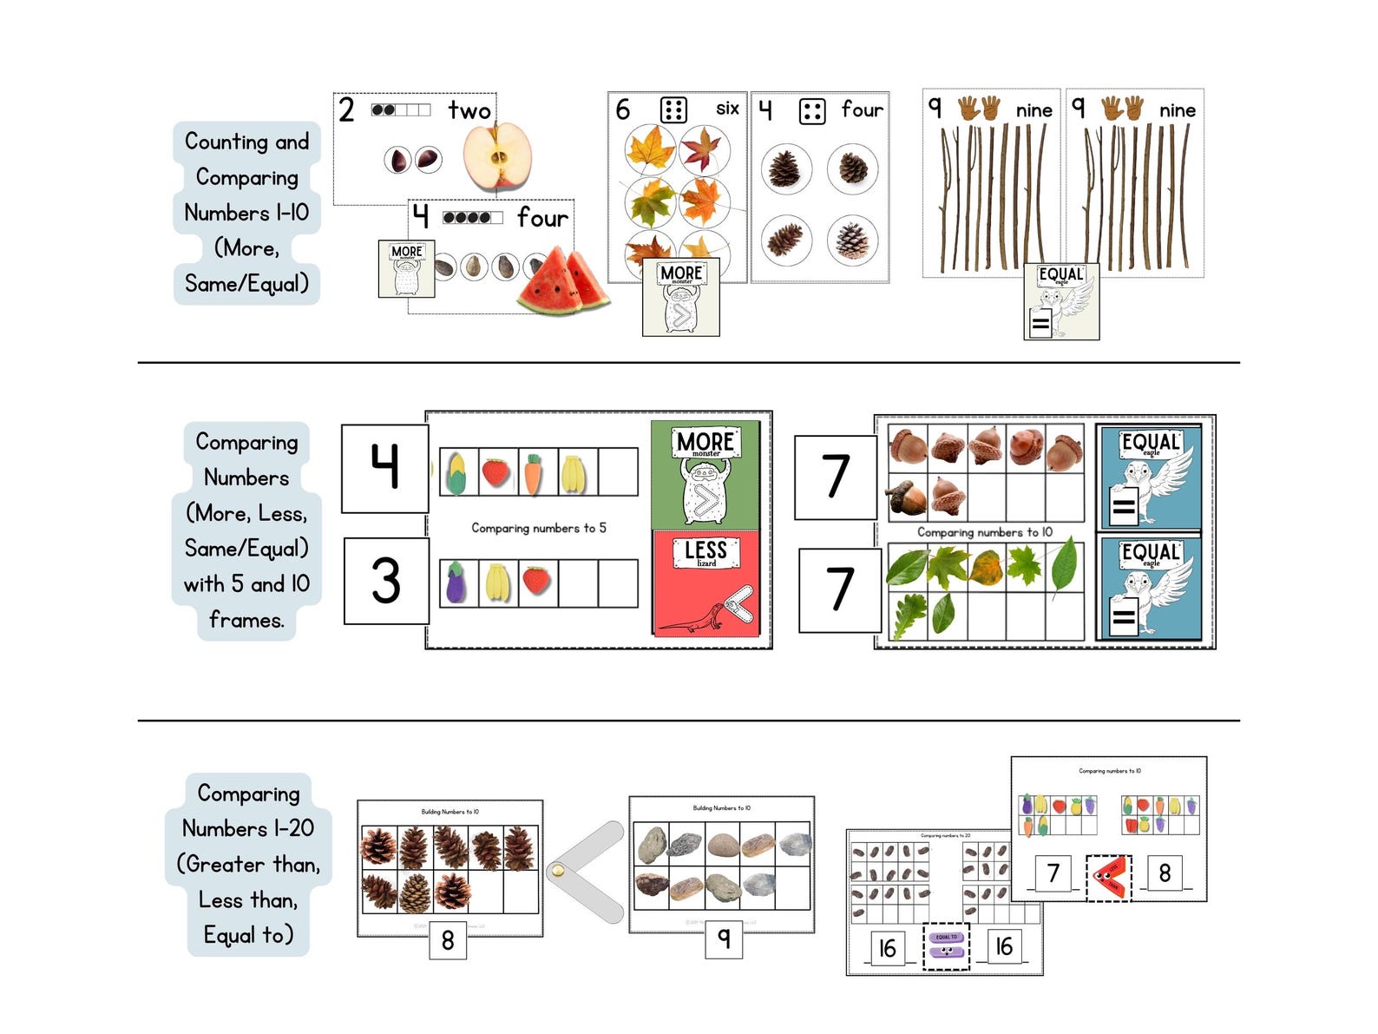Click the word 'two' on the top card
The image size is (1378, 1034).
pos(469,110)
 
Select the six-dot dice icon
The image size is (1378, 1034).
pos(673,110)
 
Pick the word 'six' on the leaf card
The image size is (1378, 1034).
pos(727,109)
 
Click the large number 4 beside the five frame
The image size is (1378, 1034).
pos(385,467)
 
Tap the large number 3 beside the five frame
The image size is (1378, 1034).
pos(386,580)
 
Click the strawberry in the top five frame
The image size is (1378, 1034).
pos(495,472)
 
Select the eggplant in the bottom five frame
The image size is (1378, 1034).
pos(456,582)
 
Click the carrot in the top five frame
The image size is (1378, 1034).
pos(533,473)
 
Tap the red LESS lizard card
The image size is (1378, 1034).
pos(705,583)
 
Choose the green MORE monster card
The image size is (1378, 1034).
pos(705,475)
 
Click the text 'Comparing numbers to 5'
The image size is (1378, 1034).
pos(539,528)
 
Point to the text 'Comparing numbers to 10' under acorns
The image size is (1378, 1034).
pos(985,532)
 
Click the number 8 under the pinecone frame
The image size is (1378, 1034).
pos(448,940)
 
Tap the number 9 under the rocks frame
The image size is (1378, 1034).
pos(724,938)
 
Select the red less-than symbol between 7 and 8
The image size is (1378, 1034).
pos(1109,878)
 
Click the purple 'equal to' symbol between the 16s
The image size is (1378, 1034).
pos(946,945)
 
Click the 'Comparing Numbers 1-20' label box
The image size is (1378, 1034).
pos(248,864)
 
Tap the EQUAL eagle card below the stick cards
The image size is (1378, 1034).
pos(1061,301)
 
